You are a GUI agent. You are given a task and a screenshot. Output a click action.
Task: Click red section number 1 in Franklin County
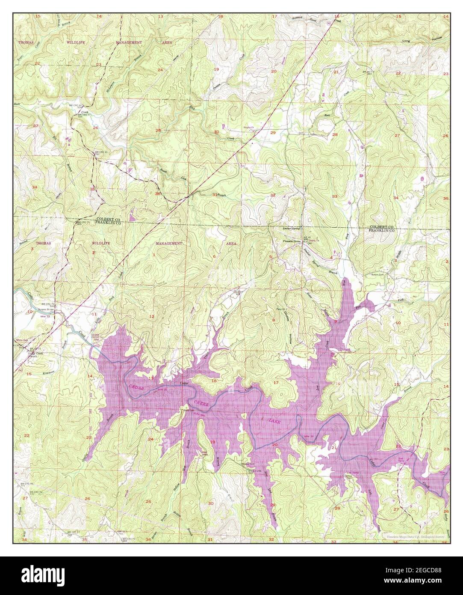(153, 256)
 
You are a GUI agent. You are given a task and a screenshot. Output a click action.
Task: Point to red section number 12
(151, 316)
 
